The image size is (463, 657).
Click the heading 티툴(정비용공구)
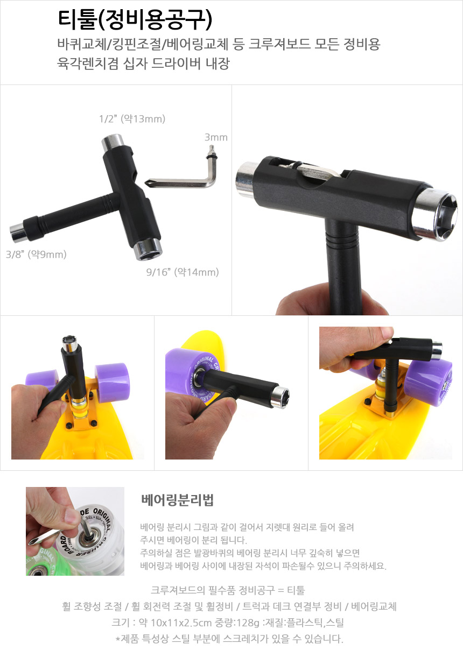point(135,20)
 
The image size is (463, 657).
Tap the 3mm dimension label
point(216,137)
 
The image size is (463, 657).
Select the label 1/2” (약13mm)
point(132,119)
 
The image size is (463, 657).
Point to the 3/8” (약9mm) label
point(36,254)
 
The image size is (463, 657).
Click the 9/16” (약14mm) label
point(183,272)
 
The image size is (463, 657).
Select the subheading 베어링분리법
point(177,500)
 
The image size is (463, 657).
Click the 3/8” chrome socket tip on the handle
point(18,232)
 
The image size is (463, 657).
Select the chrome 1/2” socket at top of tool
point(111,142)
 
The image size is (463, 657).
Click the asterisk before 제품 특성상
point(118,639)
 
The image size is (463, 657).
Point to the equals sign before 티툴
point(281,590)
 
